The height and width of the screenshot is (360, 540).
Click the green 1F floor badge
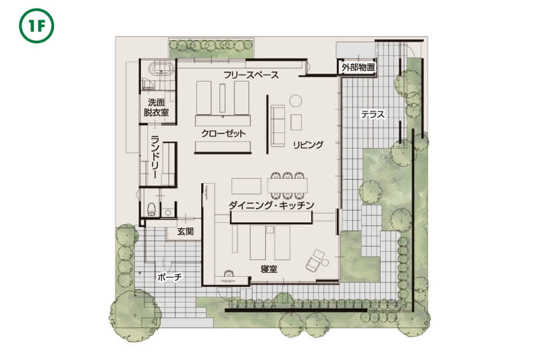[36, 26]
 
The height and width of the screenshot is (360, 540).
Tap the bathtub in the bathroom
[161, 68]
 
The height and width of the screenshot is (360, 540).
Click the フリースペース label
[251, 75]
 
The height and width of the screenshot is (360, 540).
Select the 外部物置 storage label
[358, 68]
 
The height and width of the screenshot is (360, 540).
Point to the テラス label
[373, 114]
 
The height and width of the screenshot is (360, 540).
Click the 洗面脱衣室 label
[157, 107]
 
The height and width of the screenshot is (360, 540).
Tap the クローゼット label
[223, 134]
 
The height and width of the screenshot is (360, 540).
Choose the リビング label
[308, 145]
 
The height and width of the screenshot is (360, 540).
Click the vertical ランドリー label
[156, 157]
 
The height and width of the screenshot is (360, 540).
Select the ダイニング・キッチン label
[272, 205]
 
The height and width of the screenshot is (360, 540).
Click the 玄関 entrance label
[185, 232]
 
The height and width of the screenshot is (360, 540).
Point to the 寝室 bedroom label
[269, 269]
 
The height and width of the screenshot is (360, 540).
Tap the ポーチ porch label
[169, 277]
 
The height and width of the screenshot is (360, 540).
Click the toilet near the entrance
[151, 209]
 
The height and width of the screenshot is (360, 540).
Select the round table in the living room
[296, 101]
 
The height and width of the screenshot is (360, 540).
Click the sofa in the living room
[278, 126]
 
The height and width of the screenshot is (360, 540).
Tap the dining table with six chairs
[288, 186]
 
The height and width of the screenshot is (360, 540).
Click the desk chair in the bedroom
[228, 274]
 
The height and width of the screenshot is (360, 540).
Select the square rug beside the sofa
[296, 122]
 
